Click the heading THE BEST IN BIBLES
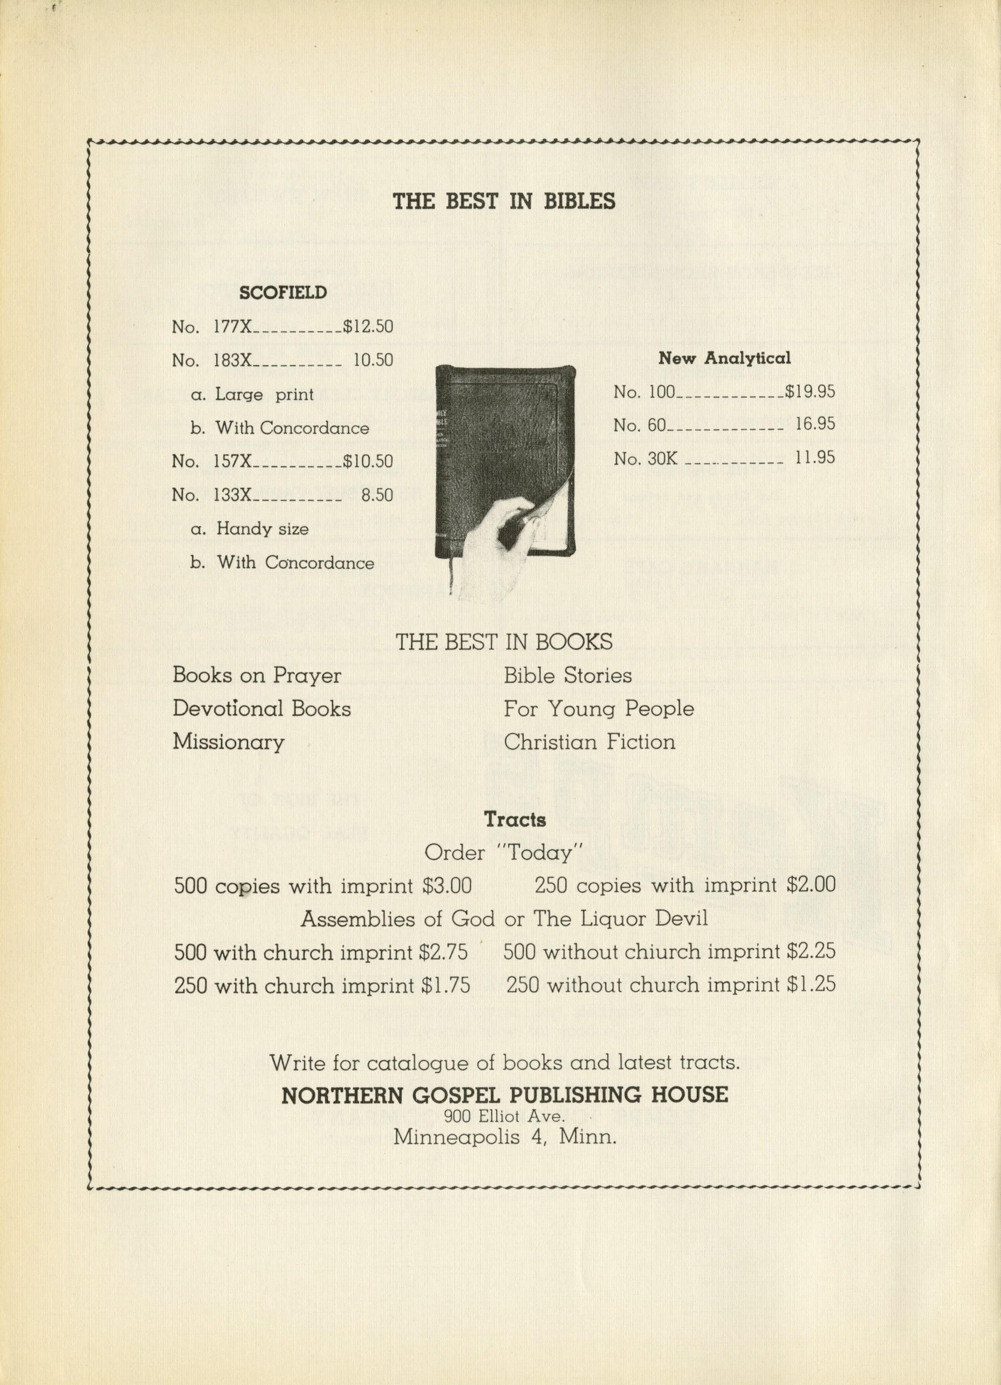[504, 201]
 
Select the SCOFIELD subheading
[282, 293]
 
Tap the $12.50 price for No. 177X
[368, 327]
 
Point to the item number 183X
[232, 360]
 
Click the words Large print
[264, 395]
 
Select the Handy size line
[262, 529]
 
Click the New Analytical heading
[724, 358]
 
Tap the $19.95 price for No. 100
[810, 391]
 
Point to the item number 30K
[662, 458]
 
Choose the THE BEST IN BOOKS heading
[504, 642]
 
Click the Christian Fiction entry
[589, 742]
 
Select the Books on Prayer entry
[257, 676]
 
